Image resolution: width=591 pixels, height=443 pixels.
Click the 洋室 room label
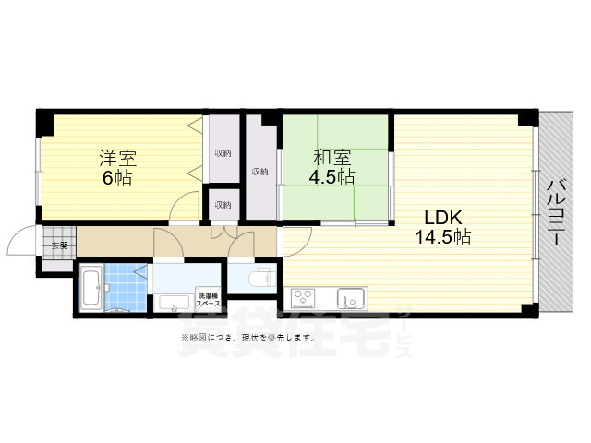(117, 157)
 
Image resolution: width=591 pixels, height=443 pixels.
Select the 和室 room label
(330, 157)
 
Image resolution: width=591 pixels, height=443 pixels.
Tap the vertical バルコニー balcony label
(556, 212)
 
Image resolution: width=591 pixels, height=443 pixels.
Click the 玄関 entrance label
(59, 245)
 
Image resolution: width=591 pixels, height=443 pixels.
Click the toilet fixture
(261, 277)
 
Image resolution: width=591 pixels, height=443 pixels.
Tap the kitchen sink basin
(350, 298)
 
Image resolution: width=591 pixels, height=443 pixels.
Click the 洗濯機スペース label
(209, 299)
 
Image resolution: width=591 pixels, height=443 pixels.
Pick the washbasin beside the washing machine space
(172, 301)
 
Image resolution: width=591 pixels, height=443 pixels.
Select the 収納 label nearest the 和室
(260, 171)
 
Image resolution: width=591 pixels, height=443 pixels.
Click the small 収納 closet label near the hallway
(223, 205)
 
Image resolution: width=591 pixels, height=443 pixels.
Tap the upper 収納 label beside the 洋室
(223, 153)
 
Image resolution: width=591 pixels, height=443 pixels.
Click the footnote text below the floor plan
(247, 338)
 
